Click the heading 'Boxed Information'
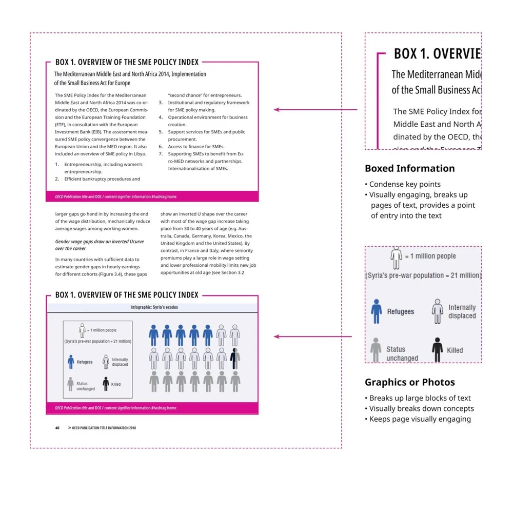tap(409, 168)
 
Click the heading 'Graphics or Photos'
tap(409, 382)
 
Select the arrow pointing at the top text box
tap(315, 109)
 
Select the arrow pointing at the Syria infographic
tap(312, 337)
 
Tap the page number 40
tap(57, 427)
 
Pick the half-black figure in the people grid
tap(235, 358)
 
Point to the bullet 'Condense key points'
tap(405, 184)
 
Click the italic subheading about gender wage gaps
tap(100, 245)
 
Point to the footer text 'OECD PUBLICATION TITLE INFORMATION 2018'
tap(104, 427)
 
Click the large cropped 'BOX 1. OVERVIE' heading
tap(437, 54)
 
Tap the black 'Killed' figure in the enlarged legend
tap(437, 349)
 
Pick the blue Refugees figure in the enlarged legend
tap(377, 311)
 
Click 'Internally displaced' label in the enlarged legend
tap(462, 311)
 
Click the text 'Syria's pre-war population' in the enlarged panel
tap(424, 275)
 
